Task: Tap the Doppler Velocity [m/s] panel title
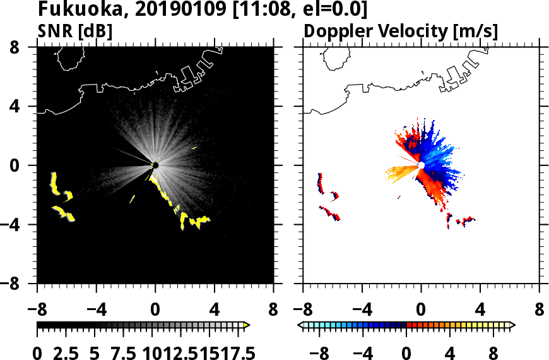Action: (x=401, y=31)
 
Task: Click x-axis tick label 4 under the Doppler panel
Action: (x=480, y=311)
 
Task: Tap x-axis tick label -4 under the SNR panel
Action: (x=92, y=311)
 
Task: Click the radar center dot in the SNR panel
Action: (x=155, y=165)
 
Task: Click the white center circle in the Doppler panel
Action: (x=421, y=165)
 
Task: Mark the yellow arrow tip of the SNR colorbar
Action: (x=247, y=325)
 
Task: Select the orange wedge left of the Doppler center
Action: (x=401, y=171)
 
